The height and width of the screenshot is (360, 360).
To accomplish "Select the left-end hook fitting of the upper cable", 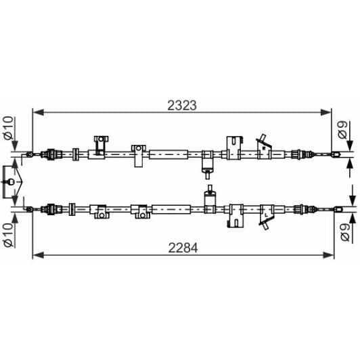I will point(30,155).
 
